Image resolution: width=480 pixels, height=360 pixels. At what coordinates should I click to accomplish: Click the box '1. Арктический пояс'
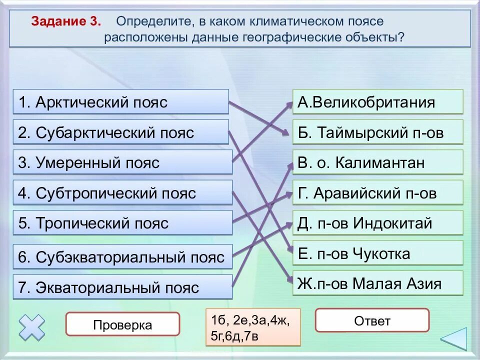pyautogui.click(x=120, y=102)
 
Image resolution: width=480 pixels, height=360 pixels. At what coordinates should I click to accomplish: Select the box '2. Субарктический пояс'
pyautogui.click(x=120, y=132)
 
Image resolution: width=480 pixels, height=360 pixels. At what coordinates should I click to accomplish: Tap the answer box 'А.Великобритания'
pyautogui.click(x=377, y=102)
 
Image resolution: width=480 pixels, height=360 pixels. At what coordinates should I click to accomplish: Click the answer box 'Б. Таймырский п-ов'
pyautogui.click(x=377, y=132)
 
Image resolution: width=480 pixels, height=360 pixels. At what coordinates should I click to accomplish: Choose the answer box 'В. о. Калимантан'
pyautogui.click(x=377, y=162)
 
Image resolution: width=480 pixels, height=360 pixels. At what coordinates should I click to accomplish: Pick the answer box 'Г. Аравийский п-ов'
pyautogui.click(x=377, y=193)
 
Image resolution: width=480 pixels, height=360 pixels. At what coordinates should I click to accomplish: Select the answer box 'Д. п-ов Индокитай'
pyautogui.click(x=377, y=223)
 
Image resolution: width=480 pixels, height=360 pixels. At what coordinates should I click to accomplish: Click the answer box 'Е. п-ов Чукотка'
pyautogui.click(x=377, y=253)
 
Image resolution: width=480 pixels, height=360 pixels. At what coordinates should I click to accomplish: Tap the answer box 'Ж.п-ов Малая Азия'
pyautogui.click(x=377, y=283)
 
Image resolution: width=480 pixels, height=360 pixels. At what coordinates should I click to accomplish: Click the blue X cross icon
pyautogui.click(x=31, y=327)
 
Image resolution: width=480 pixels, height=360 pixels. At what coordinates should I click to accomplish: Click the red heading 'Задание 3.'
pyautogui.click(x=66, y=22)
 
